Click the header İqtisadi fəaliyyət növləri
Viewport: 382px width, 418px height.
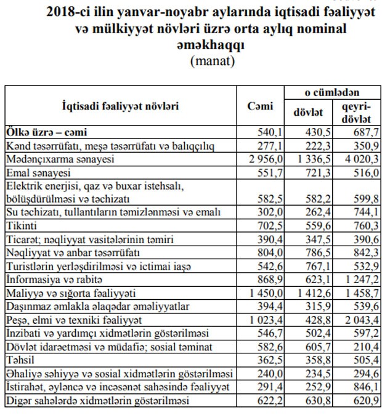(x=121, y=105)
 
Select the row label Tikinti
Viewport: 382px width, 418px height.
(x=22, y=225)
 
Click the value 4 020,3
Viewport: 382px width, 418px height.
(x=357, y=159)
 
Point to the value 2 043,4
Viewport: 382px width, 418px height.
(x=357, y=320)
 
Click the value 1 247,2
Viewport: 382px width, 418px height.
(x=357, y=279)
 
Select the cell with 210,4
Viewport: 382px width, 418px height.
(x=363, y=347)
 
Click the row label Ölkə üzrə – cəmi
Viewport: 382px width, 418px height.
(x=47, y=132)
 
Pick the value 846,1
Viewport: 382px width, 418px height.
(x=363, y=388)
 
